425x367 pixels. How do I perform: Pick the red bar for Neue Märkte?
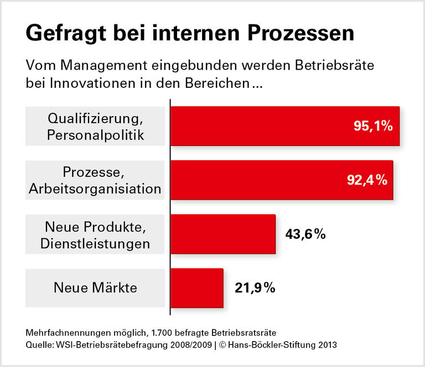point(196,288)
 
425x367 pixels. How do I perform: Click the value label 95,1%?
point(373,126)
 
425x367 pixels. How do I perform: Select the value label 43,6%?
point(305,234)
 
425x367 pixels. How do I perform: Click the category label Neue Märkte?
point(95,288)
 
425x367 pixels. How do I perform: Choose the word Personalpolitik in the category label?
point(95,135)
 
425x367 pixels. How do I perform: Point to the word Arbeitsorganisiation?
point(95,189)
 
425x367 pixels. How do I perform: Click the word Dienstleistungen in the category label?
point(95,243)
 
